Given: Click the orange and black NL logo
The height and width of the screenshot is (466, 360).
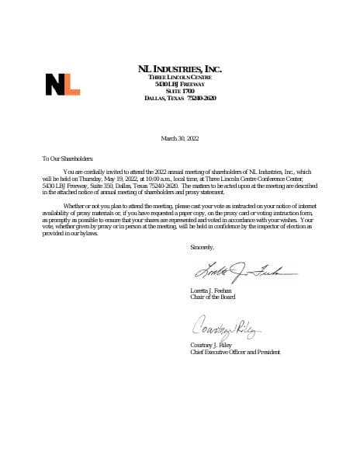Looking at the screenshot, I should coord(62,83).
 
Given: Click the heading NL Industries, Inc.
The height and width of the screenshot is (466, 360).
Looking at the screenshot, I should coord(179,69).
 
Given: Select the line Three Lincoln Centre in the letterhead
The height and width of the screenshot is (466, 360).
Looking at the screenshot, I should coord(179,78).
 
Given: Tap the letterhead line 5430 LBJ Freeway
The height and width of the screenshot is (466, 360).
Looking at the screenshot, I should coord(179,84).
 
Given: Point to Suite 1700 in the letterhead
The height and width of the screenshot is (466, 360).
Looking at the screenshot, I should coord(179,91).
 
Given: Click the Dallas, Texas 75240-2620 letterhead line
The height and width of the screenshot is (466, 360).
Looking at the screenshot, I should coord(179,98).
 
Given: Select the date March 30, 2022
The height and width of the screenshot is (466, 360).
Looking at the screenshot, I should coord(179,138).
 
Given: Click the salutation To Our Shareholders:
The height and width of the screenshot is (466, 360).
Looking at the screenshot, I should coord(67,157).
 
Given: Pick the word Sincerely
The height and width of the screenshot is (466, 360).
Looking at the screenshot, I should coord(202,247).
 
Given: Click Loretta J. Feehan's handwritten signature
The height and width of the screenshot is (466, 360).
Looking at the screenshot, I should coord(233,271).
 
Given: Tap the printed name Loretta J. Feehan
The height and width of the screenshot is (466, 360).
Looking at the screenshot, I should coord(211,290).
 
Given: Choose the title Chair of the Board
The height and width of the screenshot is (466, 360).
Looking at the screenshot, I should coord(213,297).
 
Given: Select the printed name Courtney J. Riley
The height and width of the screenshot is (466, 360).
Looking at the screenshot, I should coord(213,345).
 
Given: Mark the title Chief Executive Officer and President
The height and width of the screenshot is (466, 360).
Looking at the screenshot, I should coord(235,352).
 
